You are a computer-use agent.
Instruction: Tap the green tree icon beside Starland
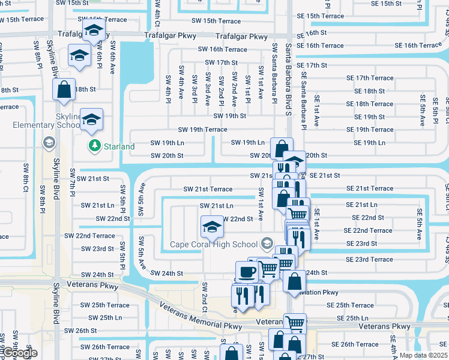click(94, 146)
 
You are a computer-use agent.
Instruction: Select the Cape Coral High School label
click(213, 244)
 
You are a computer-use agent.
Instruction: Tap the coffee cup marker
click(246, 272)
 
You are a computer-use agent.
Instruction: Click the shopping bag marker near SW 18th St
click(64, 90)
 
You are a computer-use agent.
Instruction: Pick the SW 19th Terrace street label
click(202, 130)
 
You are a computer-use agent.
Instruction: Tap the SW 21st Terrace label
click(208, 189)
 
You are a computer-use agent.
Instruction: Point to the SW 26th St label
click(80, 331)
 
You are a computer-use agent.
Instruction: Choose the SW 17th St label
click(221, 62)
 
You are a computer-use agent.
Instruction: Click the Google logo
click(19, 353)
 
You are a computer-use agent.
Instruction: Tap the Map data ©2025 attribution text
click(424, 355)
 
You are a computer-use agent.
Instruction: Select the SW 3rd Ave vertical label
click(208, 87)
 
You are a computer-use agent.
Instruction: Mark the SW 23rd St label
click(97, 249)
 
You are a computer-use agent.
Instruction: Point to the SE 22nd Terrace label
click(368, 230)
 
